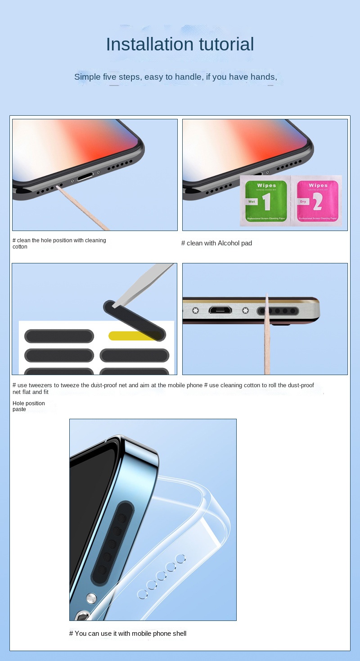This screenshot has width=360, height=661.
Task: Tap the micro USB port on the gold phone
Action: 220,311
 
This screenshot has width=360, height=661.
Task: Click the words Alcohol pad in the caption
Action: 235,243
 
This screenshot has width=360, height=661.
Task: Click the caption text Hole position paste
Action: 28,406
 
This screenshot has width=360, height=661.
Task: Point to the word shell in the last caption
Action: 178,634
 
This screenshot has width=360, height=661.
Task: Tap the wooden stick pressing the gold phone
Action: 267,342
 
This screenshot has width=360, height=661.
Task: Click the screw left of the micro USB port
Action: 195,311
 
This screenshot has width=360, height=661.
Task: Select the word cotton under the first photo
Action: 20,247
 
